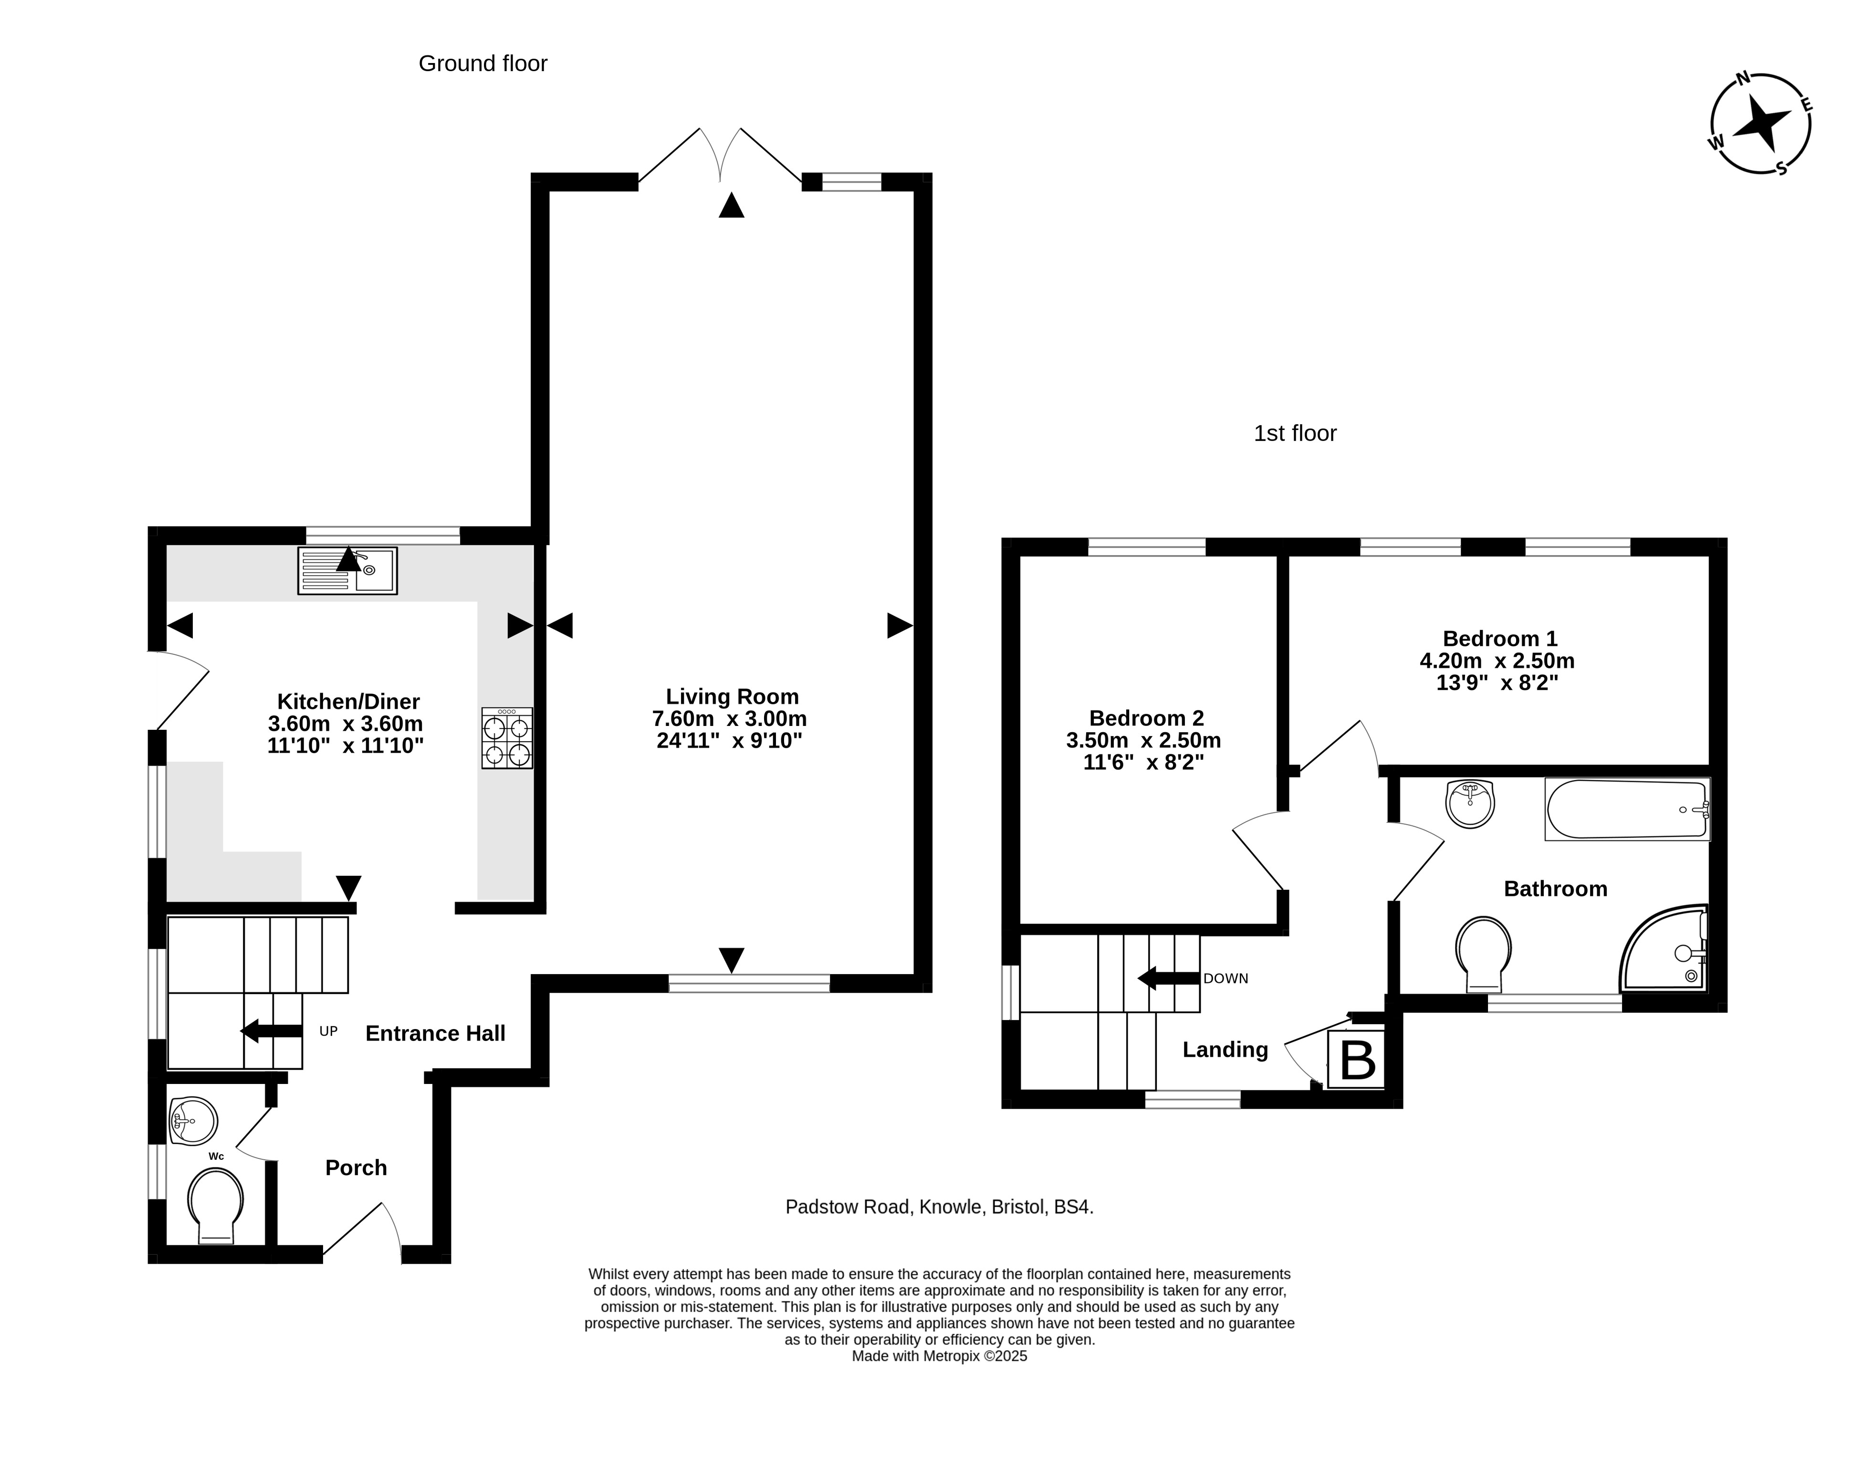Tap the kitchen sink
click(x=347, y=570)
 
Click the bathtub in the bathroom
click(x=1627, y=809)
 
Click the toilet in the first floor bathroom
click(x=1484, y=955)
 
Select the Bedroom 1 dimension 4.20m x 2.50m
click(x=1497, y=660)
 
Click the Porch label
click(x=356, y=1168)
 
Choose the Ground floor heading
click(x=483, y=63)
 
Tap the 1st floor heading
click(x=1295, y=433)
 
